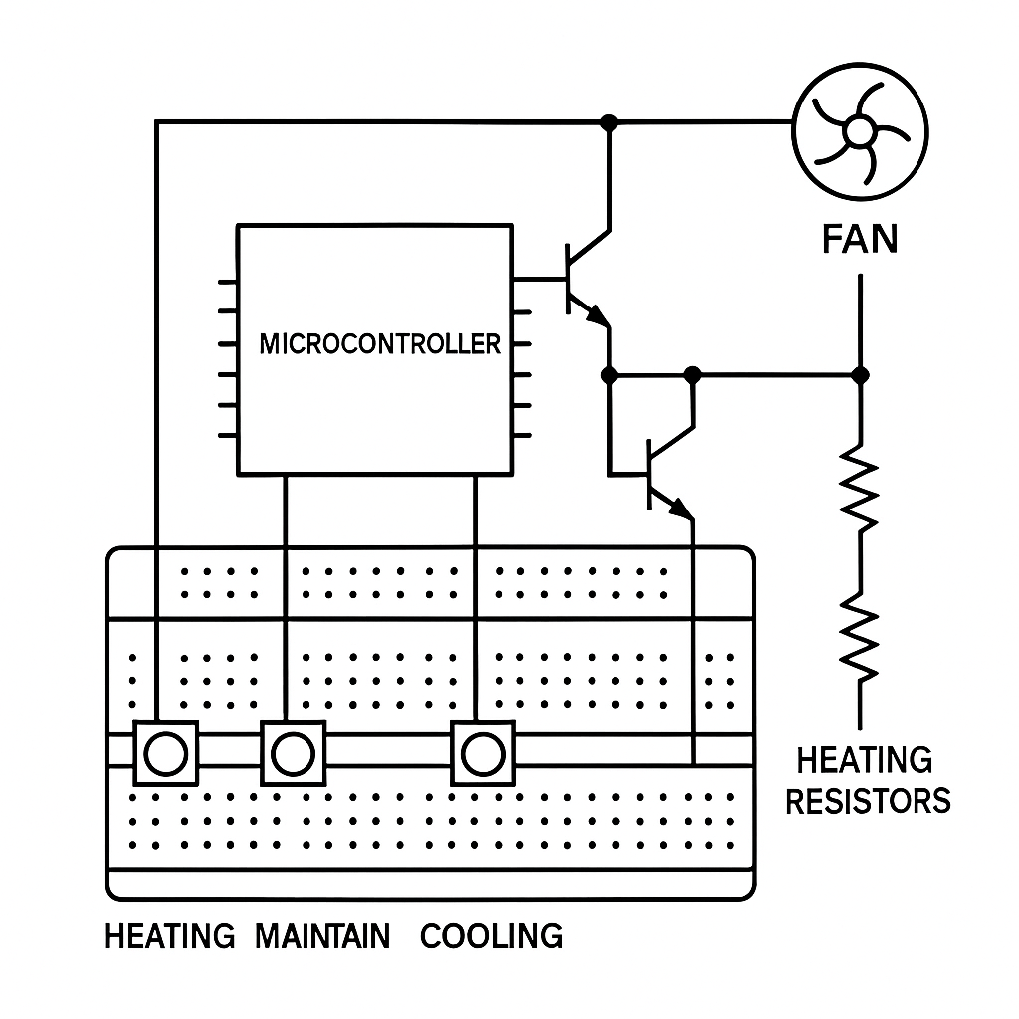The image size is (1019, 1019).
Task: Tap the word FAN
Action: [x=860, y=239]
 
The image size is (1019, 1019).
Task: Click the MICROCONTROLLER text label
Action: [x=379, y=344]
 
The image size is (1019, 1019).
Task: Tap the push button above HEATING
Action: [x=164, y=753]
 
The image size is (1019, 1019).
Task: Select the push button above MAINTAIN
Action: [x=293, y=753]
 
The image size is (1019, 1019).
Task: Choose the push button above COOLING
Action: [x=484, y=753]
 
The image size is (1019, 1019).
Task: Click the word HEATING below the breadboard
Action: [x=169, y=936]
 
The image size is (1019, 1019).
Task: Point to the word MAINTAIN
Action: [x=322, y=936]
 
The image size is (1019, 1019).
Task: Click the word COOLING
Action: [x=492, y=936]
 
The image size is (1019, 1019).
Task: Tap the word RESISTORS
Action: [x=868, y=801]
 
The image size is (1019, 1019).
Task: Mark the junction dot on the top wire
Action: [x=610, y=122]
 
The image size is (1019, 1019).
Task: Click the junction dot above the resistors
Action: [x=861, y=375]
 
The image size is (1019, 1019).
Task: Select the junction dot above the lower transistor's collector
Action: [x=693, y=375]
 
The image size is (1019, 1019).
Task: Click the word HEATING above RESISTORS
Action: [x=865, y=761]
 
